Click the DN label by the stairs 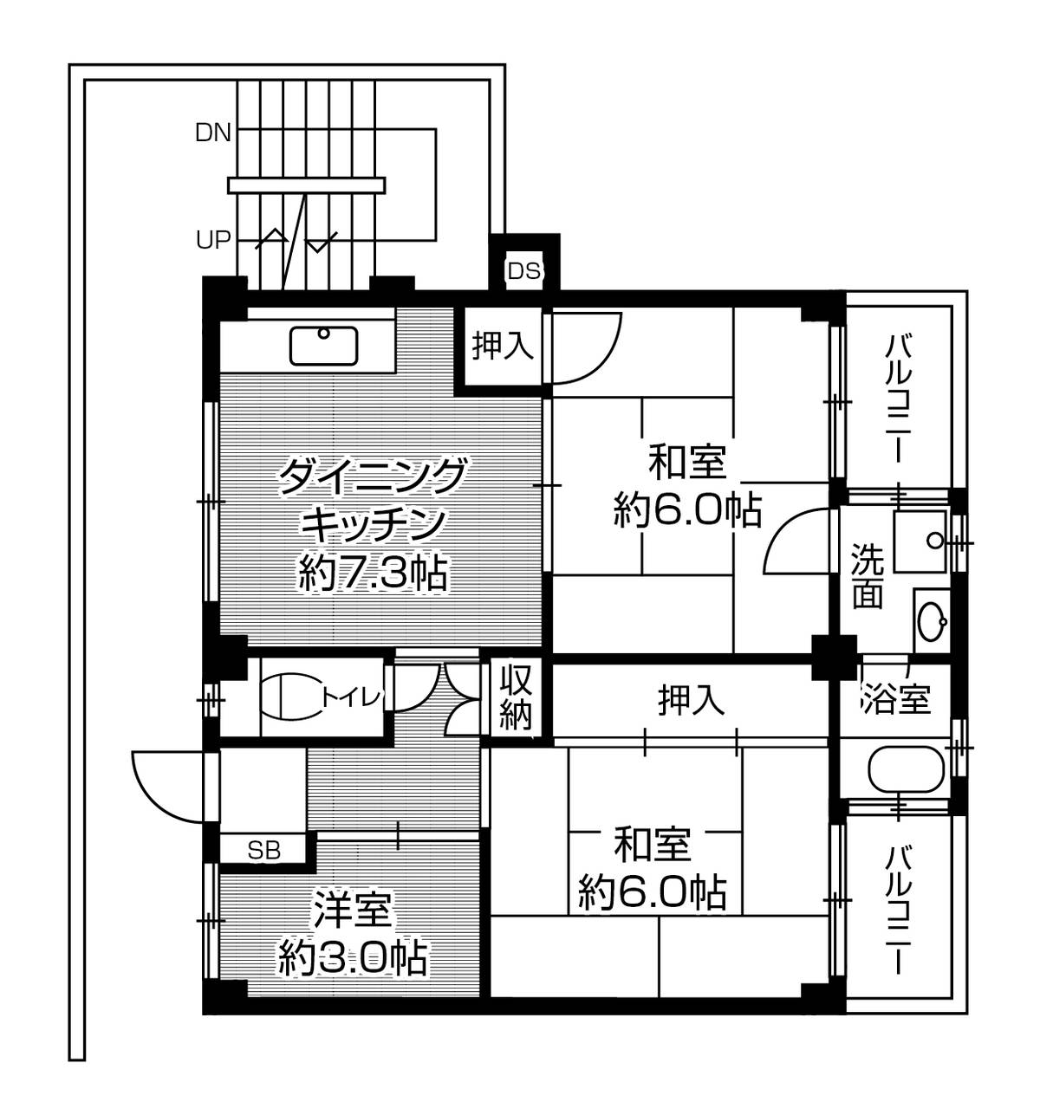click(x=212, y=133)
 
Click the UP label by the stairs click(x=212, y=239)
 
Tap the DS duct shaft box click(x=523, y=270)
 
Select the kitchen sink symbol click(x=323, y=345)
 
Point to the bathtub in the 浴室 click(x=905, y=770)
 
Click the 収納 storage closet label click(x=515, y=697)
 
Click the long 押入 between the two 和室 click(x=691, y=700)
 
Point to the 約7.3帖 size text click(x=372, y=573)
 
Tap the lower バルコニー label click(x=899, y=909)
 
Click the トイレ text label click(x=351, y=696)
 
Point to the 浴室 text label click(x=895, y=698)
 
